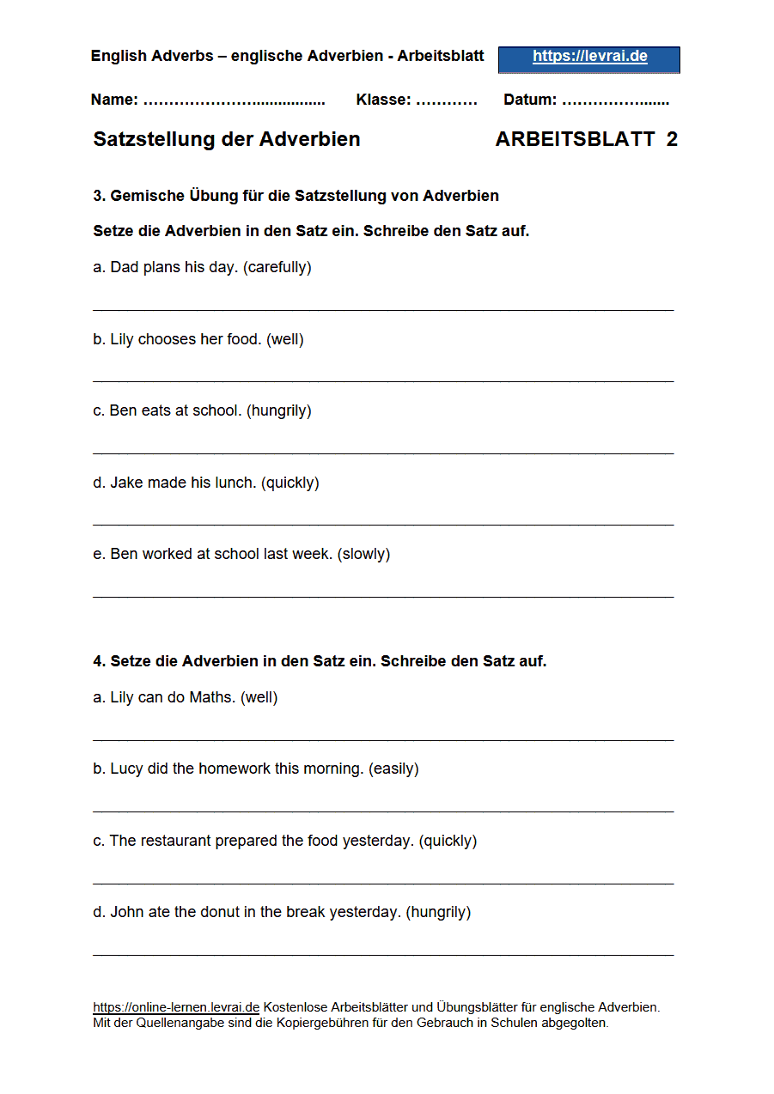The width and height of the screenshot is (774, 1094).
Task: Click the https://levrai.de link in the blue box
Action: (x=589, y=57)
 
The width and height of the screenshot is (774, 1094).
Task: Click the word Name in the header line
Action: (x=113, y=100)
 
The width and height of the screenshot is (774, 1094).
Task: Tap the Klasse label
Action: (x=383, y=100)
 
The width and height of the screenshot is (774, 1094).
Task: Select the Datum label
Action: (x=529, y=100)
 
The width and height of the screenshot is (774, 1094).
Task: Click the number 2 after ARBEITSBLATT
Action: (x=672, y=139)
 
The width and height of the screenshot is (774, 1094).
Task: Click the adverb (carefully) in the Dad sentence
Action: (x=277, y=267)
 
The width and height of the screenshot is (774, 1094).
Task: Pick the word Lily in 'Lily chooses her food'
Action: (x=122, y=339)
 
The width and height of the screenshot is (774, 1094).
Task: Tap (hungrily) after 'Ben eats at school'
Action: (x=279, y=410)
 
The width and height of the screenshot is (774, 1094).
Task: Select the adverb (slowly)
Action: (x=364, y=554)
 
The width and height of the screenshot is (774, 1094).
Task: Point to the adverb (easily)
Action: (x=393, y=769)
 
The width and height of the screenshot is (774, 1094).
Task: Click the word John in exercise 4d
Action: (x=126, y=912)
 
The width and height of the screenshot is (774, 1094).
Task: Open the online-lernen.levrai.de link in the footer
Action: (x=176, y=1007)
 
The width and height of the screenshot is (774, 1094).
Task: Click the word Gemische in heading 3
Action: (x=147, y=196)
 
